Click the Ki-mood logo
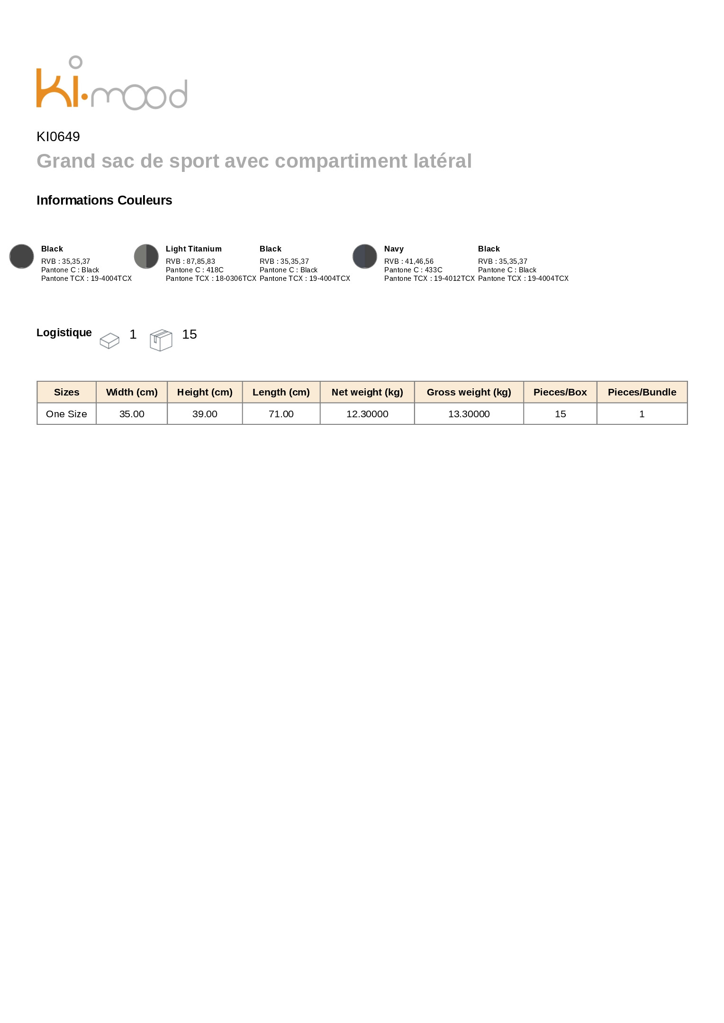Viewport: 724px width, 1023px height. pos(112,84)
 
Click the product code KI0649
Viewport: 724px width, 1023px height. pos(58,137)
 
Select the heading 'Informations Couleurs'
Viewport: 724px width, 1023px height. pos(104,200)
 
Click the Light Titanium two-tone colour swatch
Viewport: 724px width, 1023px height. pos(146,256)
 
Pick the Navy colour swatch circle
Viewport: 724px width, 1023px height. pos(365,256)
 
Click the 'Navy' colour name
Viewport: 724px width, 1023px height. pos(394,249)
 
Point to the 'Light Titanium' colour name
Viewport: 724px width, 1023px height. pos(193,249)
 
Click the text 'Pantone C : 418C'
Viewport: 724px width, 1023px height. pos(194,270)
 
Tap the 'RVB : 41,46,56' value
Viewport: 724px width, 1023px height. pos(408,261)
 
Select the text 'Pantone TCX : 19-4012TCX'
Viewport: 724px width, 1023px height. pos(429,278)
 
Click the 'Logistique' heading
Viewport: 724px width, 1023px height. pos(64,332)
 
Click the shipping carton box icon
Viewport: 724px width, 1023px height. pos(161,340)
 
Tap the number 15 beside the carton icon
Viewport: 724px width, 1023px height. pos(190,334)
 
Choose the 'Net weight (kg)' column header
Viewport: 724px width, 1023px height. pos(367,392)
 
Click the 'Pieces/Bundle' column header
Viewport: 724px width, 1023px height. pos(642,392)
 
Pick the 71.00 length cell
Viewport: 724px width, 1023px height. pos(281,414)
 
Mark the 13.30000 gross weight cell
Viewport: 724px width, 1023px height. pos(469,414)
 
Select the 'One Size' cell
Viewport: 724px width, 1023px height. pos(66,414)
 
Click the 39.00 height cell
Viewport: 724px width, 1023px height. pos(205,414)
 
